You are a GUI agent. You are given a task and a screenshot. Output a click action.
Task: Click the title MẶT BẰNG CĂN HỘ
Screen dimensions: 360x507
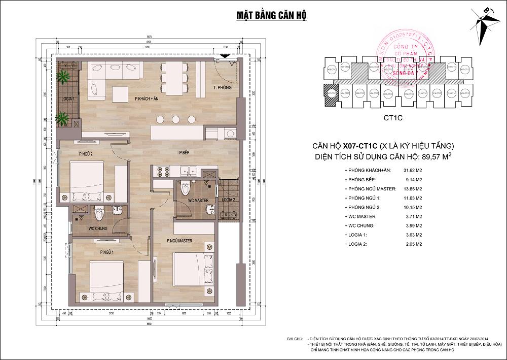[x=271, y=14]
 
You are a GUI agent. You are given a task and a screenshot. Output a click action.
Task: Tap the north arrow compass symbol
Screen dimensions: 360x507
[x=485, y=26]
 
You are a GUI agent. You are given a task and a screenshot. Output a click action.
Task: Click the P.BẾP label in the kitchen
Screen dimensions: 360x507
[x=184, y=152]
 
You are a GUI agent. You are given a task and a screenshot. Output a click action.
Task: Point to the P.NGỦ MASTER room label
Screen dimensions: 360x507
[x=179, y=241]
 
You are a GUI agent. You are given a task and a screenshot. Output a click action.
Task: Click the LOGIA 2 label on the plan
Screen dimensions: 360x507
[x=228, y=200]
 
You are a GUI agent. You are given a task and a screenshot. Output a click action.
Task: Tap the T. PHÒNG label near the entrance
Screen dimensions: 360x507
[x=223, y=88]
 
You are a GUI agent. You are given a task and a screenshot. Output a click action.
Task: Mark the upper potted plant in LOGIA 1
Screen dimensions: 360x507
[x=63, y=77]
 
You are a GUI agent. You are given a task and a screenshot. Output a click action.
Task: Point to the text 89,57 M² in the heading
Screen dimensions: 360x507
[x=432, y=156]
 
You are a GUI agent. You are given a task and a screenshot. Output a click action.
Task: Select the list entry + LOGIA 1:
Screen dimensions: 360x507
[x=358, y=235]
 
